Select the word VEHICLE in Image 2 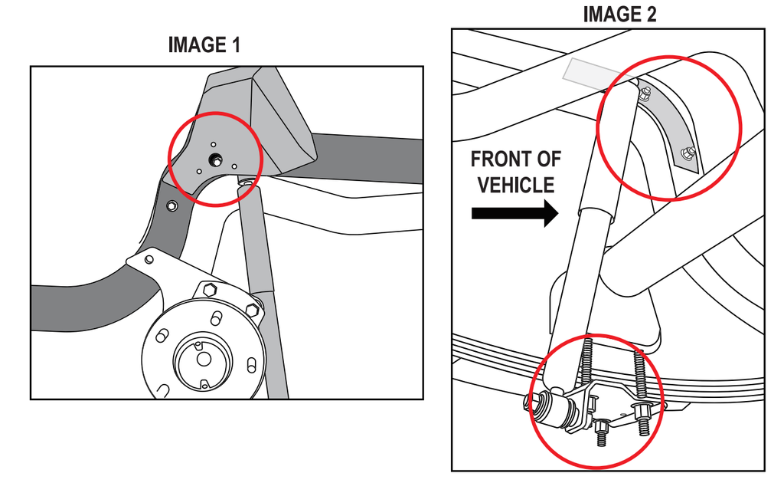pyautogui.click(x=516, y=186)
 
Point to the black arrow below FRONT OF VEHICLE pyautogui.click(x=515, y=213)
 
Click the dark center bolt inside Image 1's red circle pyautogui.click(x=216, y=159)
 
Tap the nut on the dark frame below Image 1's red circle pyautogui.click(x=172, y=205)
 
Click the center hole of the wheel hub pyautogui.click(x=204, y=359)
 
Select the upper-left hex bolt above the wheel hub pyautogui.click(x=211, y=290)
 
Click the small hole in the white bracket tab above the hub pyautogui.click(x=149, y=260)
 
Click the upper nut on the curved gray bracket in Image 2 pyautogui.click(x=645, y=93)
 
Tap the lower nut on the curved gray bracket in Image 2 pyautogui.click(x=688, y=153)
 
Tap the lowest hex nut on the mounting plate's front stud pyautogui.click(x=600, y=427)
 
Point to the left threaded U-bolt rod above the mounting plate pyautogui.click(x=586, y=366)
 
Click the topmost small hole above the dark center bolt pyautogui.click(x=214, y=145)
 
